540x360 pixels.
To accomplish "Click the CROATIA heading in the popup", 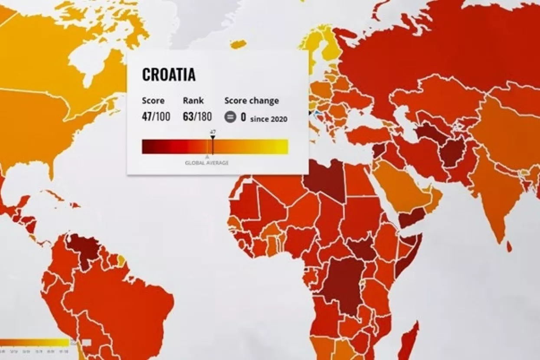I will [169, 75].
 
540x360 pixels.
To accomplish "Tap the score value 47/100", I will [156, 116].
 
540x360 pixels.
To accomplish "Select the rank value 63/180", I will [197, 116].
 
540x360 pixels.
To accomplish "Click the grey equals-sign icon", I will [230, 117].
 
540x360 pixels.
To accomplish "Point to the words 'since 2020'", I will [268, 119].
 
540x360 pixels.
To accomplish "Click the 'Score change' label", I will [252, 101].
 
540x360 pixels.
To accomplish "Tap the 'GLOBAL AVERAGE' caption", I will [207, 163].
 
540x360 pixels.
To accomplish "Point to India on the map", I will [494, 195].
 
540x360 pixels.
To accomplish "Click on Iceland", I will [238, 44].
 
